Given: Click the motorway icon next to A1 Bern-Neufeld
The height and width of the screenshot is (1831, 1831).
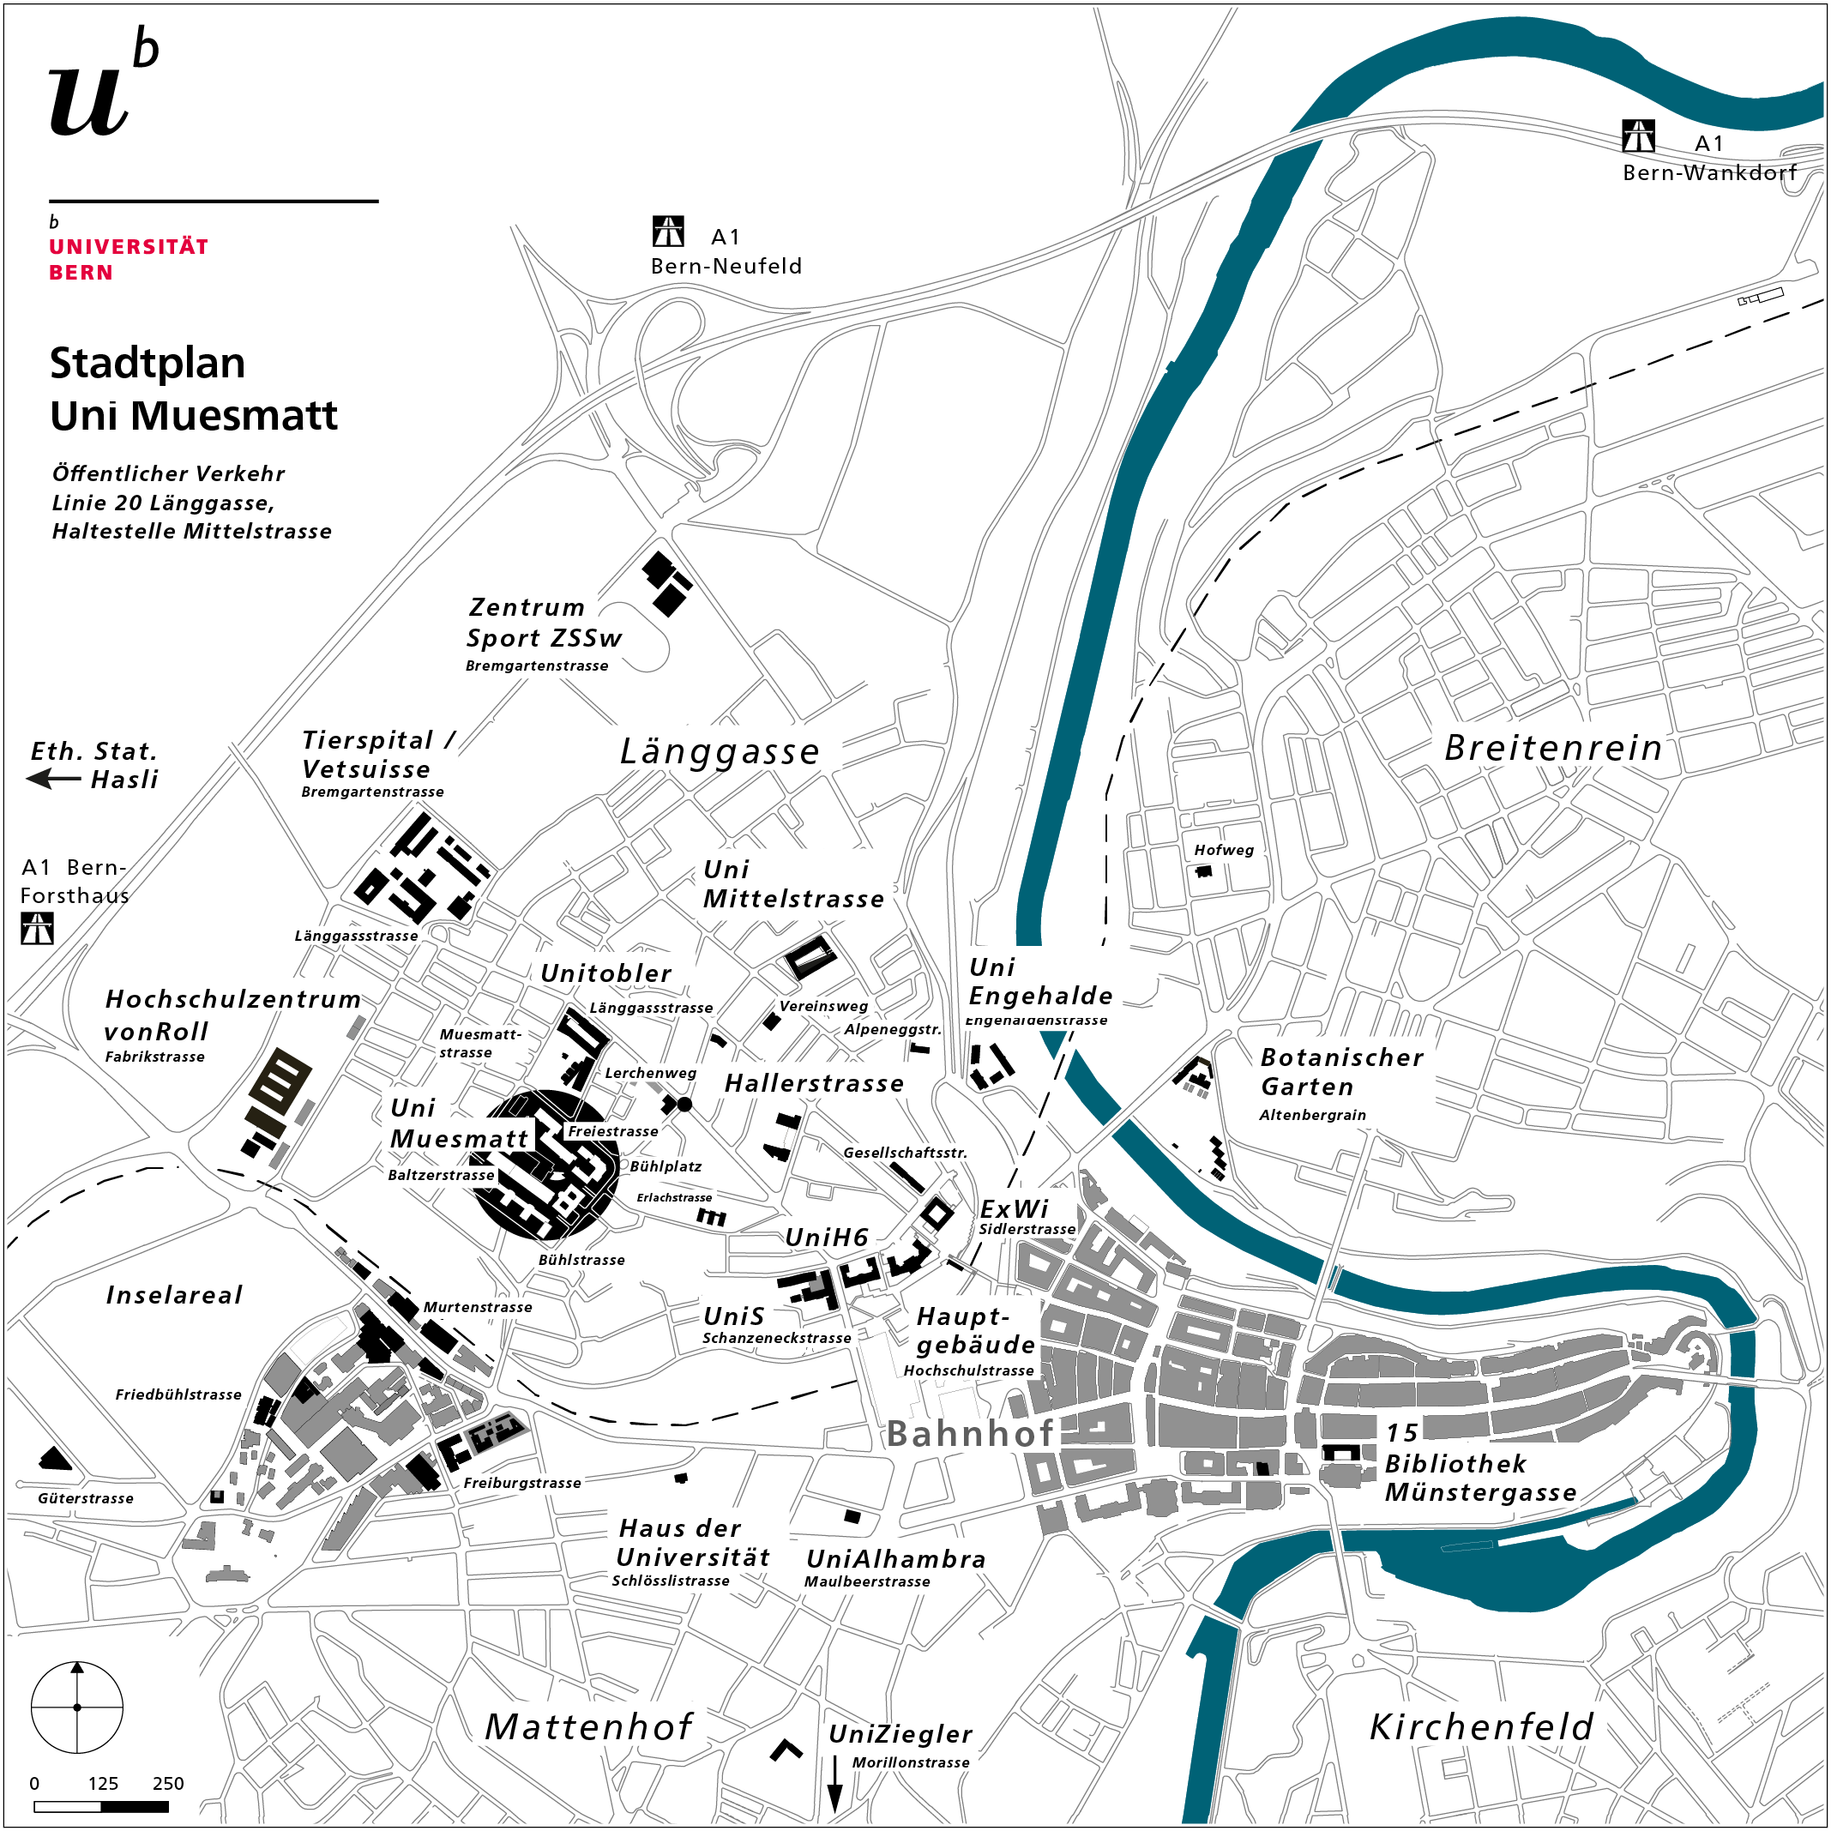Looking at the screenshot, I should [x=668, y=232].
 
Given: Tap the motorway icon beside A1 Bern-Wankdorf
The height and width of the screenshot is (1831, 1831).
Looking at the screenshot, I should [x=1639, y=136].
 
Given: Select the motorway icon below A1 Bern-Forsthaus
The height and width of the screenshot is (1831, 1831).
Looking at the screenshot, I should [x=37, y=929].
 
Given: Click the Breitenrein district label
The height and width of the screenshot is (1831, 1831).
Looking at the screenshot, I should [x=1553, y=749].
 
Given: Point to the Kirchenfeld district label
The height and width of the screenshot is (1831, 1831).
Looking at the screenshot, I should [x=1481, y=1726].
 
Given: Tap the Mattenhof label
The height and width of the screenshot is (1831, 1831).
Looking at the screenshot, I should [x=588, y=1726].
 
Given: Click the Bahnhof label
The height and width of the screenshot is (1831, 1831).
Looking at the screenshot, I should [x=969, y=1434].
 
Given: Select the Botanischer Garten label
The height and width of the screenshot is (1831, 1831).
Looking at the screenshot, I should [x=1341, y=1072].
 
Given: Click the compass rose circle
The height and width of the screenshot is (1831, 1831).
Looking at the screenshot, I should [x=78, y=1708].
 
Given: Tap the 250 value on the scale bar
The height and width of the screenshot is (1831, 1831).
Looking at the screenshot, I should [x=168, y=1784].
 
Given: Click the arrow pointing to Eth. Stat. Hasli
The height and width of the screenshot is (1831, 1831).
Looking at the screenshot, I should [x=53, y=779].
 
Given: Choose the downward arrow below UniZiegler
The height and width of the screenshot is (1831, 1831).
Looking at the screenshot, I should [x=835, y=1785].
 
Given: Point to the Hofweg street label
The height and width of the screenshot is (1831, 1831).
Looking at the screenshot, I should [x=1224, y=850].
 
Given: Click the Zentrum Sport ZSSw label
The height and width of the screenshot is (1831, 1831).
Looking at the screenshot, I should [x=543, y=623].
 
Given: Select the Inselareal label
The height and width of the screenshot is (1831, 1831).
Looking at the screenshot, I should [x=174, y=1296].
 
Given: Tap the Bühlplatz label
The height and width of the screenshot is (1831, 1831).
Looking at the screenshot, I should [x=666, y=1166].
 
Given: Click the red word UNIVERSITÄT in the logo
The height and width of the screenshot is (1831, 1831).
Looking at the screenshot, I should [x=129, y=246].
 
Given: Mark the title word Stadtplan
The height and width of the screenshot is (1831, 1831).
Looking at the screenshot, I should [x=148, y=364].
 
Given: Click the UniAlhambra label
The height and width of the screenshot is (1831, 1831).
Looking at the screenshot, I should [x=895, y=1559].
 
